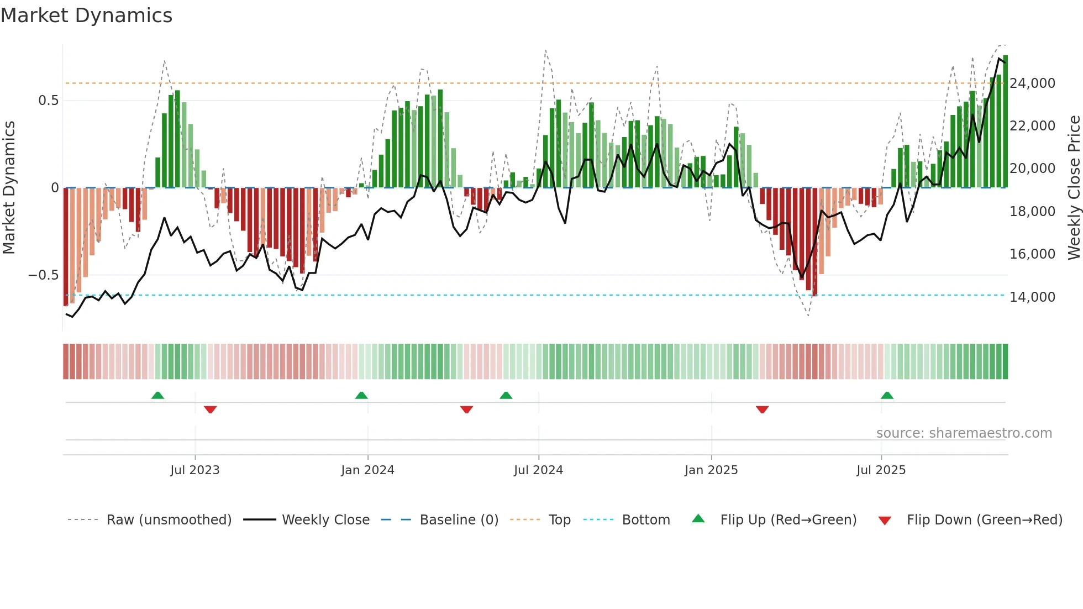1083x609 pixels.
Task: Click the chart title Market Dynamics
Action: (x=86, y=15)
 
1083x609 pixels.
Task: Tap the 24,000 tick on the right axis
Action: (x=1032, y=83)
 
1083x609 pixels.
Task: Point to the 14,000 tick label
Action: (x=1032, y=297)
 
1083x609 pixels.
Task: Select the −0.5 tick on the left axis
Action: (x=43, y=275)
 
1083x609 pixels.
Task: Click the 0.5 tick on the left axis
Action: (x=48, y=101)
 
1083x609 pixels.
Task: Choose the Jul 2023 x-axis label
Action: (x=194, y=470)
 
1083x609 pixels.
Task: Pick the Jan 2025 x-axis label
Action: (x=711, y=470)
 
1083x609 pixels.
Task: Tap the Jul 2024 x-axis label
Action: (x=538, y=470)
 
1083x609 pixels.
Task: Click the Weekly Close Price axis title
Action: (x=1074, y=188)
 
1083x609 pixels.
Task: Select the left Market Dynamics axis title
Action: (x=9, y=188)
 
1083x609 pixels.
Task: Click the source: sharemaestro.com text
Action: (x=964, y=433)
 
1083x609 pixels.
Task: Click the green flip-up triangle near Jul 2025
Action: (x=887, y=396)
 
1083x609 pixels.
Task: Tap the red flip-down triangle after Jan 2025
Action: (x=762, y=410)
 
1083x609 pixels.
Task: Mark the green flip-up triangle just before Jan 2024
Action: (x=361, y=396)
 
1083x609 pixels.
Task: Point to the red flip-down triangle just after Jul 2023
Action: (x=210, y=410)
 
